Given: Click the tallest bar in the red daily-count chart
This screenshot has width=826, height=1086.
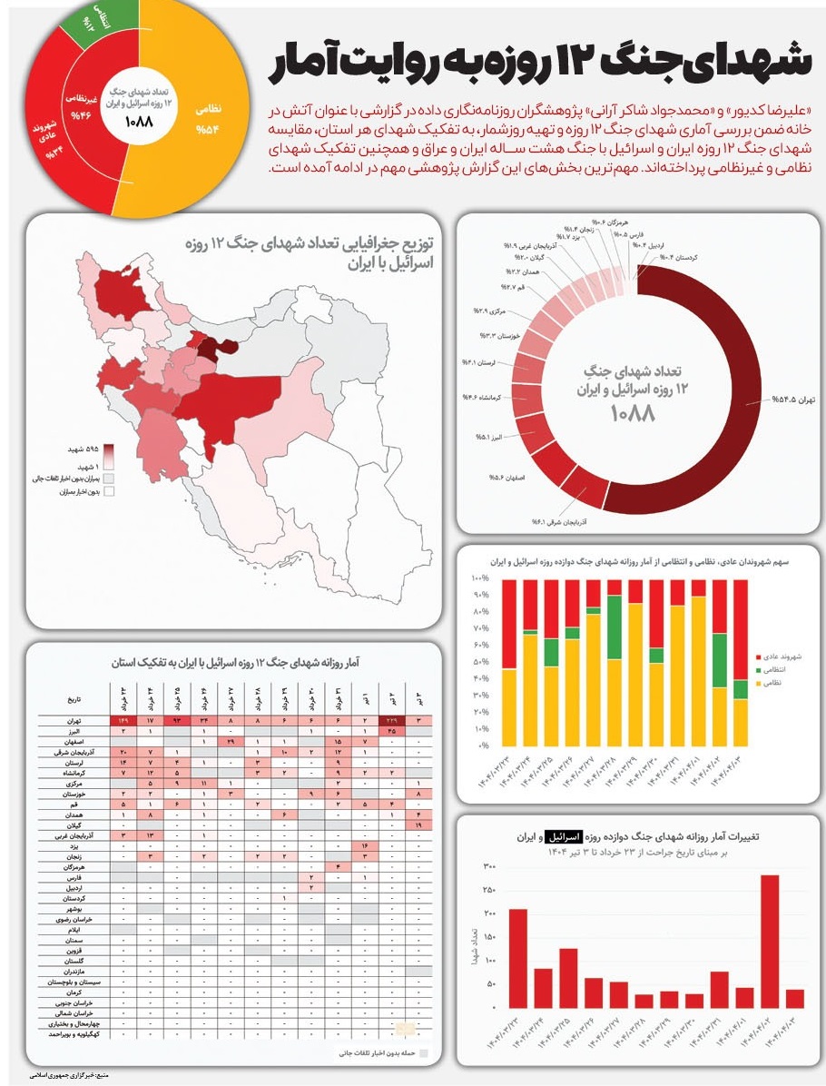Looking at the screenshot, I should (770, 941).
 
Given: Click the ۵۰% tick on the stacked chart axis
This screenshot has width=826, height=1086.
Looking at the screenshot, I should (480, 662).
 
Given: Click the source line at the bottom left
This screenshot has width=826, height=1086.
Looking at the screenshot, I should (68, 1075).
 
